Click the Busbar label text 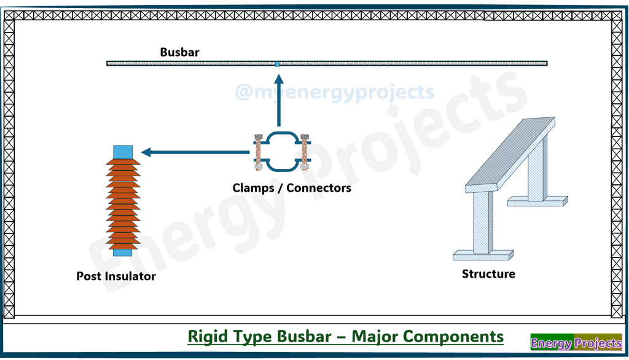click(179, 52)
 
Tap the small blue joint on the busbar click(278, 63)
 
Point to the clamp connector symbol click(281, 152)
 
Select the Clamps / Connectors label click(292, 188)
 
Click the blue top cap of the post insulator click(123, 152)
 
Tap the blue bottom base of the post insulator click(123, 252)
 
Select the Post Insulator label click(116, 276)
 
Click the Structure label click(488, 274)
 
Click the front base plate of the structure click(483, 254)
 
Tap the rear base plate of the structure click(537, 200)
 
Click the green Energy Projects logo click(576, 343)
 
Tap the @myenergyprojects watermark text click(334, 93)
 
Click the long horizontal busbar click(399, 63)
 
